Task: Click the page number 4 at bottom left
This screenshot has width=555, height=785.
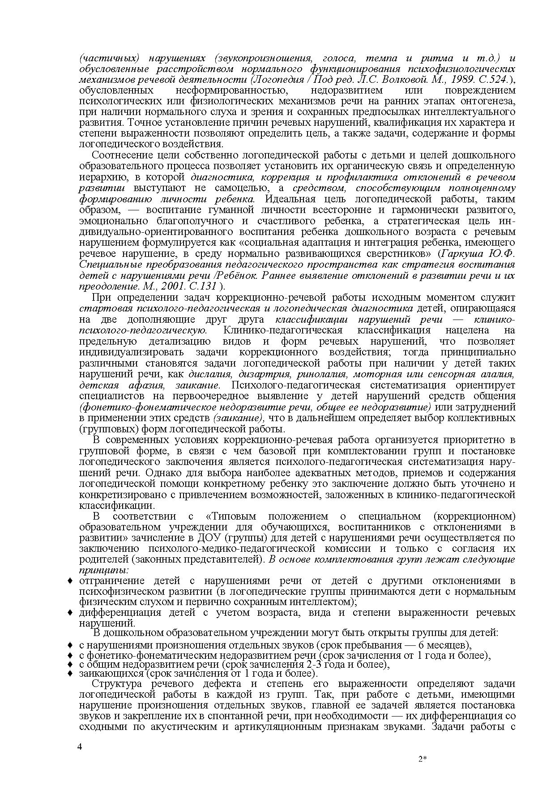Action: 80,747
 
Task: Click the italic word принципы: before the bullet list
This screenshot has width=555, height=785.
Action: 104,571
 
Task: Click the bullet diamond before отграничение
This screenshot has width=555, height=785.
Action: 70,581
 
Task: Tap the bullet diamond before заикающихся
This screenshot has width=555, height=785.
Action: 70,673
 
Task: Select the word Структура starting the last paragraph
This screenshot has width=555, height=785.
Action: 117,684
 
